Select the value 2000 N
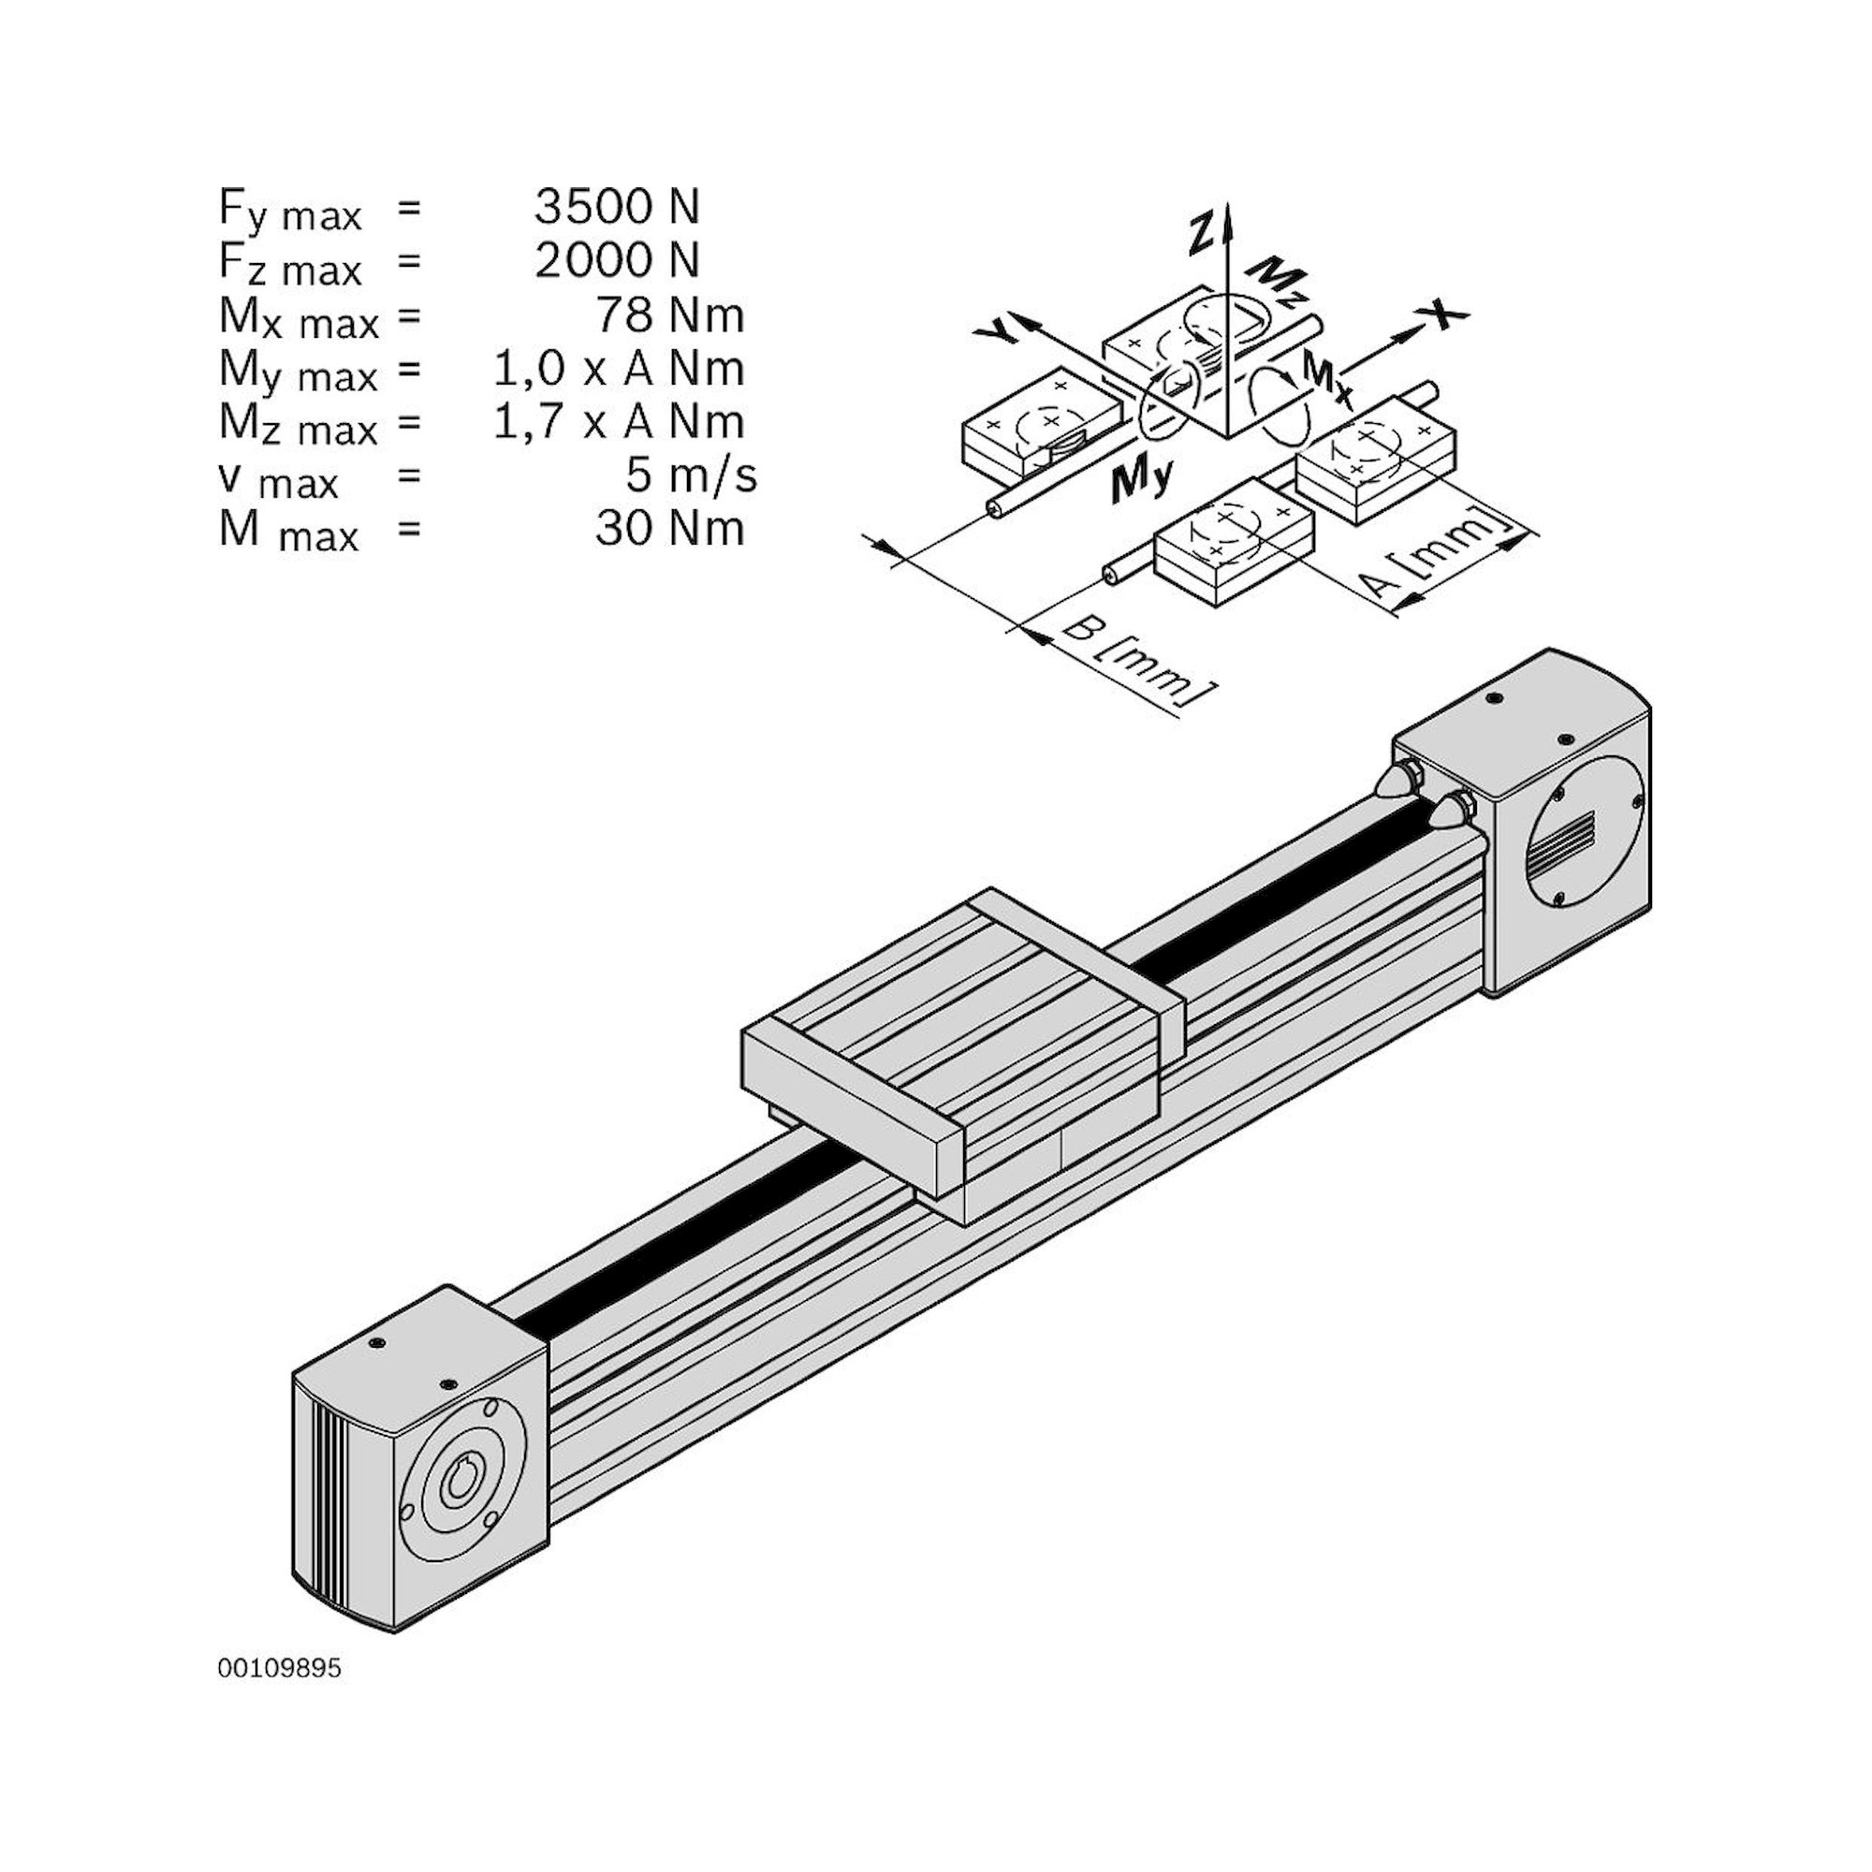(x=616, y=259)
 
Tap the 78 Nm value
(x=668, y=314)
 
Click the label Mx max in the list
(x=298, y=318)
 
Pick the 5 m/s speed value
(x=691, y=475)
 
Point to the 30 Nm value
(x=668, y=529)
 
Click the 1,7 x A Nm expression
(x=618, y=422)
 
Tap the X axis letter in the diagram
(x=1442, y=313)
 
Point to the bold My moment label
(x=1140, y=479)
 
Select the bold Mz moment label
(x=1269, y=282)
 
